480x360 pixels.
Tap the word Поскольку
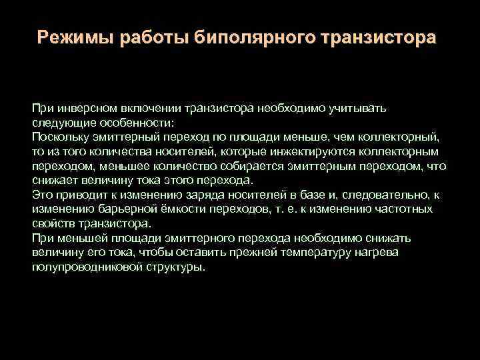[59, 138]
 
